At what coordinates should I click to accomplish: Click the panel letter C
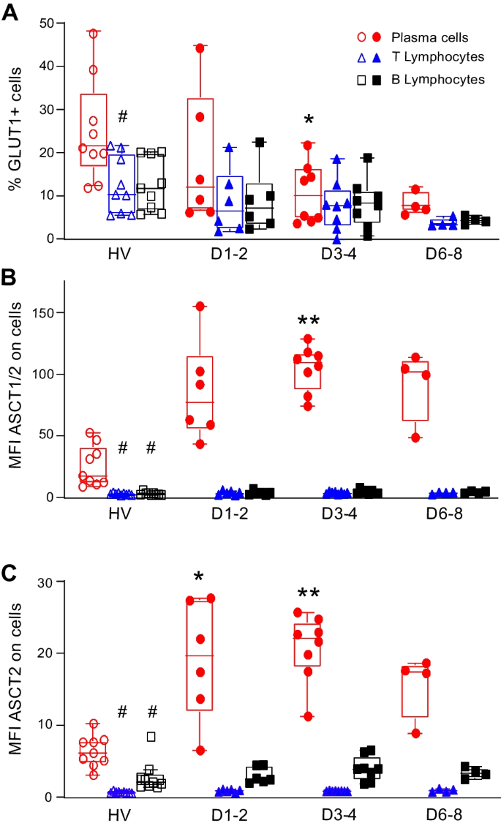click(x=10, y=549)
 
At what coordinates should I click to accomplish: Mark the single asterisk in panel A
click(x=309, y=120)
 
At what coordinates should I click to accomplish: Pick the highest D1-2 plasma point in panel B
click(x=197, y=307)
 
